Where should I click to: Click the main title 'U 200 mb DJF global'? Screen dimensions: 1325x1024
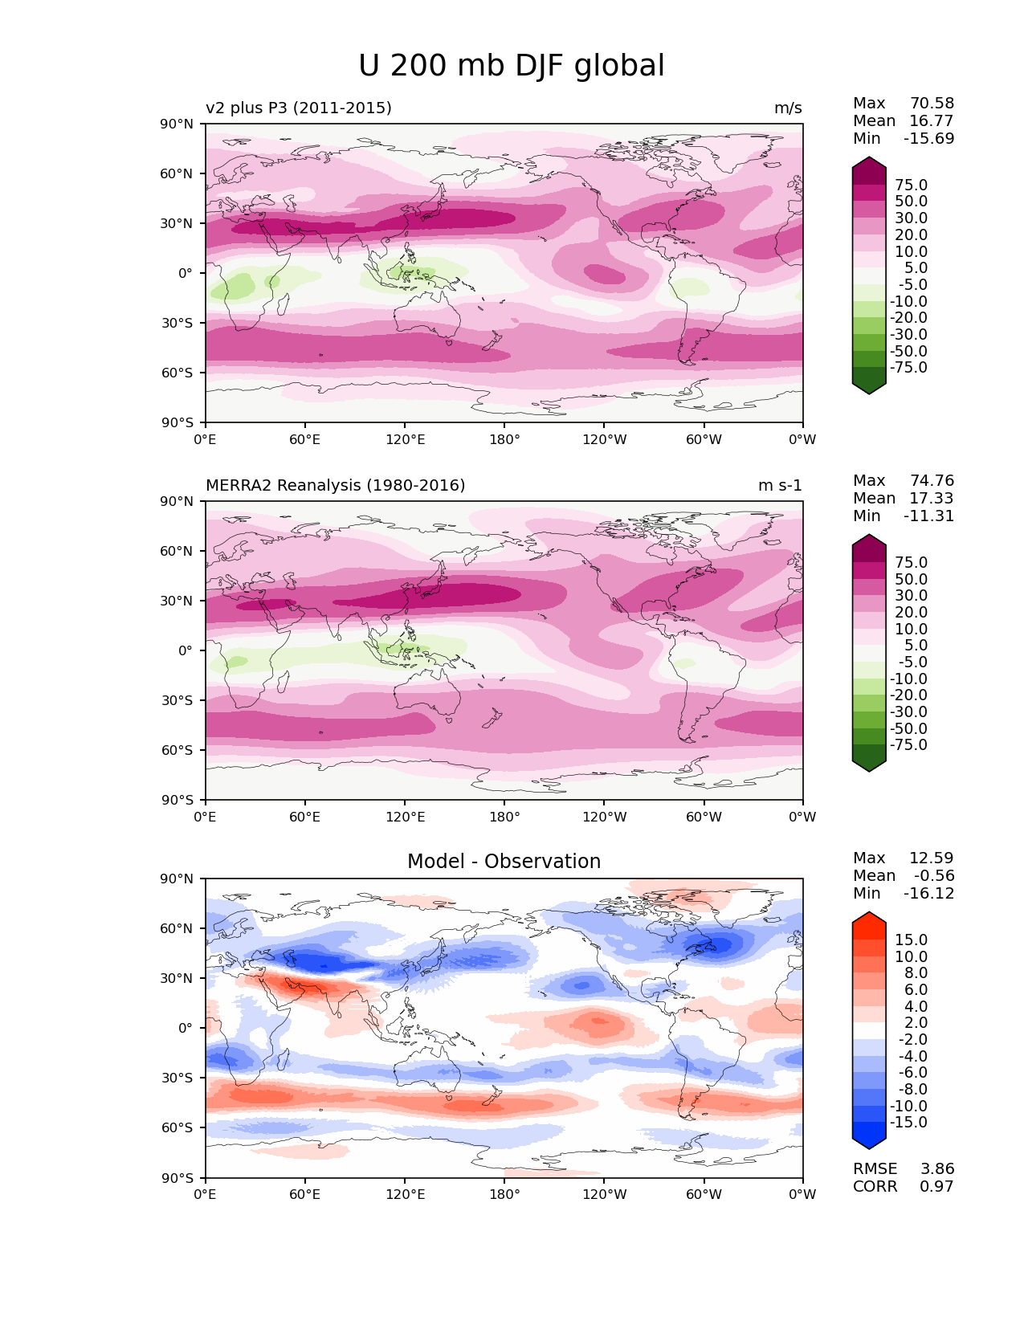[x=511, y=66]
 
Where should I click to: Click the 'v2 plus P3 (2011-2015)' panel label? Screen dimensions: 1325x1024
[x=299, y=108]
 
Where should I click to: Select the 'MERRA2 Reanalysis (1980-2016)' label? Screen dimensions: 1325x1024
[x=335, y=485]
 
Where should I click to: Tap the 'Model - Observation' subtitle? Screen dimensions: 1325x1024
[x=504, y=862]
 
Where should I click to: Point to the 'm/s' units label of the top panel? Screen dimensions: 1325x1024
[x=788, y=108]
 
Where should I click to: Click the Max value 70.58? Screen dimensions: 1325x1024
[x=932, y=103]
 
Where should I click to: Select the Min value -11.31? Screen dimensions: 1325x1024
[x=928, y=516]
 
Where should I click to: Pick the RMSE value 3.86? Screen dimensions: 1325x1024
[x=937, y=1168]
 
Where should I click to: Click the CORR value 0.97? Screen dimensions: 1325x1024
[x=937, y=1186]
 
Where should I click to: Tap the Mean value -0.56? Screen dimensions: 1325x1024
[x=934, y=875]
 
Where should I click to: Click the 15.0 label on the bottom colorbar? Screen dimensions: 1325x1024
[x=912, y=940]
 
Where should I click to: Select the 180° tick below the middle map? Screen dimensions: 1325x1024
[x=504, y=817]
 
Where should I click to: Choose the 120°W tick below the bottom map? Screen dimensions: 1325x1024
[x=604, y=1194]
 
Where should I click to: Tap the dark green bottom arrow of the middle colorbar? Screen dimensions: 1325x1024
[x=869, y=762]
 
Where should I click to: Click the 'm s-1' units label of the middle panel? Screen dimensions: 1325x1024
[x=780, y=485]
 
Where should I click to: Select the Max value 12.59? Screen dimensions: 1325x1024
[x=932, y=858]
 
